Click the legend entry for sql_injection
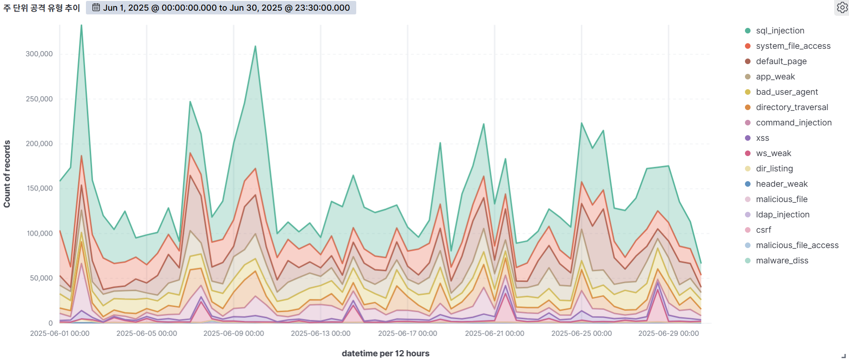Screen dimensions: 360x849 [x=780, y=31]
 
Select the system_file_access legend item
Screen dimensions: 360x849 [x=793, y=46]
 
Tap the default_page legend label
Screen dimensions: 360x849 [x=781, y=61]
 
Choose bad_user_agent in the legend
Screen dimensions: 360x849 [x=787, y=92]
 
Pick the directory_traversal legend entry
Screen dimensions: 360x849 [x=792, y=107]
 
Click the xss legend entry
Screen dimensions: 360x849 [x=762, y=138]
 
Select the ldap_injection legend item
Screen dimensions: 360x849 [x=782, y=215]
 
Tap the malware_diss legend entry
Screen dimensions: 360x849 [x=782, y=261]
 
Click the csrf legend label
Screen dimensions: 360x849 [x=763, y=230]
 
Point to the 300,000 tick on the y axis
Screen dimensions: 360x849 [x=39, y=54]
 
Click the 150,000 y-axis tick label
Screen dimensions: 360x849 [x=39, y=188]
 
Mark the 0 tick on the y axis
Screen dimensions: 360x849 [x=51, y=323]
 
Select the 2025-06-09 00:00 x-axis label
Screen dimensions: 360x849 [x=234, y=334]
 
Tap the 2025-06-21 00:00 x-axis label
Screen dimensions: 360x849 [x=495, y=334]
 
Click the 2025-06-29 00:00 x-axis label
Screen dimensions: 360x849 [x=668, y=334]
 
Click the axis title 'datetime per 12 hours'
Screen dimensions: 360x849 [x=385, y=353]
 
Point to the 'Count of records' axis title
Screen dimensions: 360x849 [x=7, y=174]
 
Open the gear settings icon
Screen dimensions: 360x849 [x=842, y=7]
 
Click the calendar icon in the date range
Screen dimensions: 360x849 [x=96, y=7]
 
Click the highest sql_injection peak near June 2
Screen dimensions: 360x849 [x=81, y=26]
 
